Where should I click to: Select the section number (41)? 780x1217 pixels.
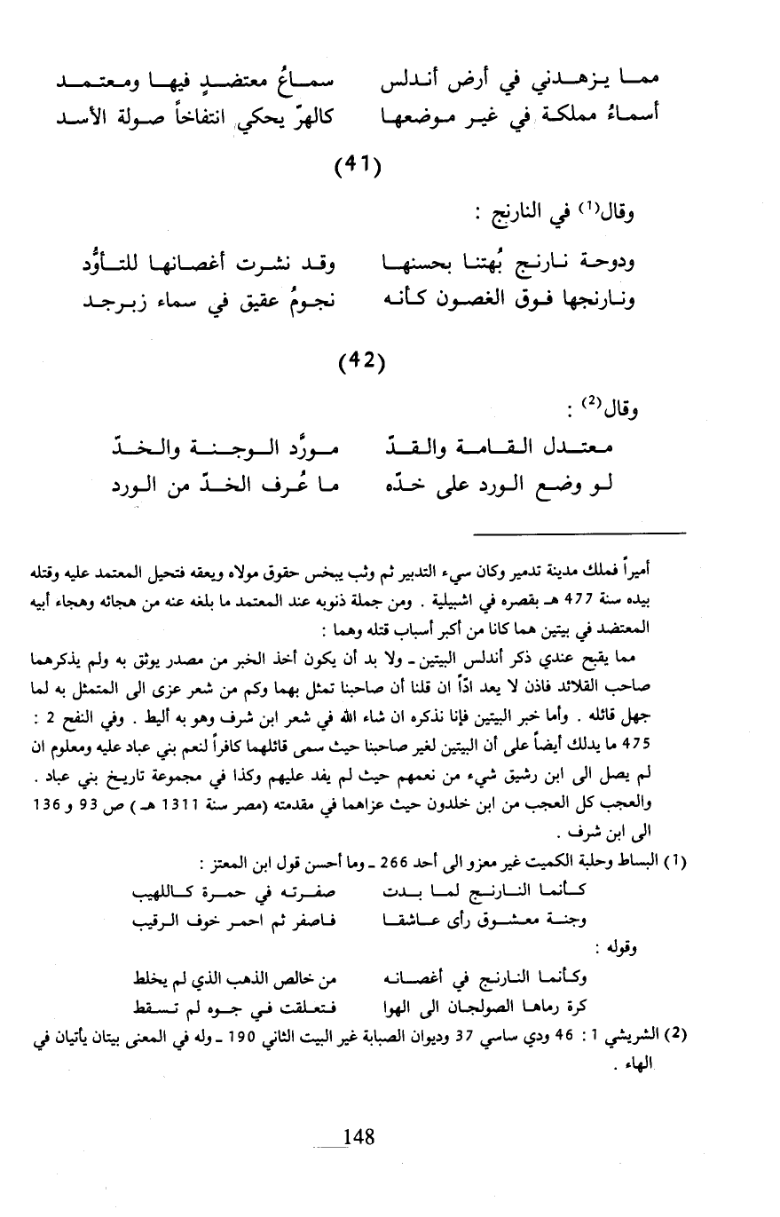click(358, 165)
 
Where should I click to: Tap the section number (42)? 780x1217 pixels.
click(358, 362)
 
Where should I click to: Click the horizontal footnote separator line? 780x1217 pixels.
click(579, 533)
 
